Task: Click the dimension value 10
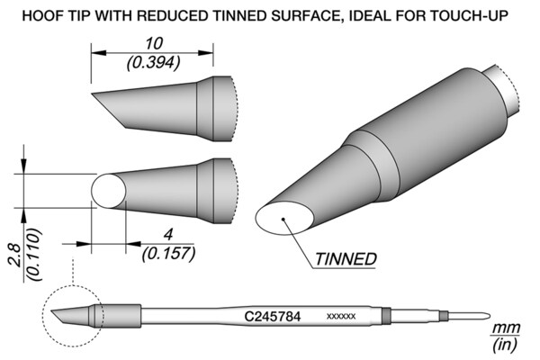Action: coord(154,44)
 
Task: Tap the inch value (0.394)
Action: coord(154,63)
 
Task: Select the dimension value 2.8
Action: coord(16,256)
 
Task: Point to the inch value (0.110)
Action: coord(35,255)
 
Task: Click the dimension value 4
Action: coord(168,235)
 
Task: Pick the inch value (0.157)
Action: coord(169,254)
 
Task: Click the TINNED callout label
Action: coord(346,259)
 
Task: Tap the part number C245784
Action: coord(273,316)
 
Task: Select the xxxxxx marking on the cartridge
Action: coord(340,316)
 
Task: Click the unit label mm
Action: coord(506,328)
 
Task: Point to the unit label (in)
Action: coord(505,345)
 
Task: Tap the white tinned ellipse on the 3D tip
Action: coord(284,219)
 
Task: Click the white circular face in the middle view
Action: coord(109,191)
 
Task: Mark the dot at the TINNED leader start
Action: coord(283,219)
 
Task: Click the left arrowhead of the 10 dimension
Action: coord(98,53)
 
